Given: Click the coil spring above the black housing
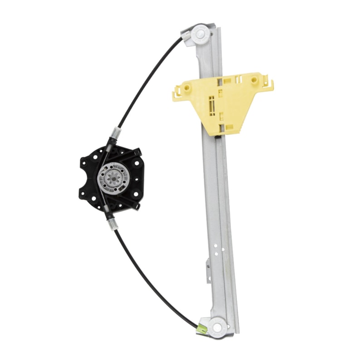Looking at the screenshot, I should coord(116,134).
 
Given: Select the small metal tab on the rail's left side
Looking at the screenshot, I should coord(208,265).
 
